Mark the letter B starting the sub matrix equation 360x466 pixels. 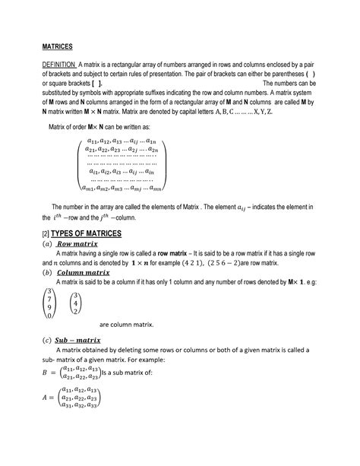44,372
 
